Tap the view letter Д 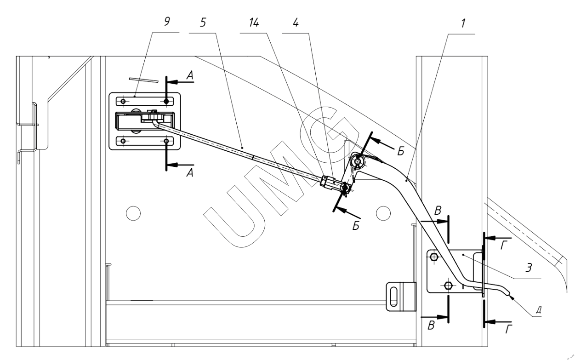point(540,309)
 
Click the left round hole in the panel point(132,212)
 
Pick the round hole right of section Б point(383,212)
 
